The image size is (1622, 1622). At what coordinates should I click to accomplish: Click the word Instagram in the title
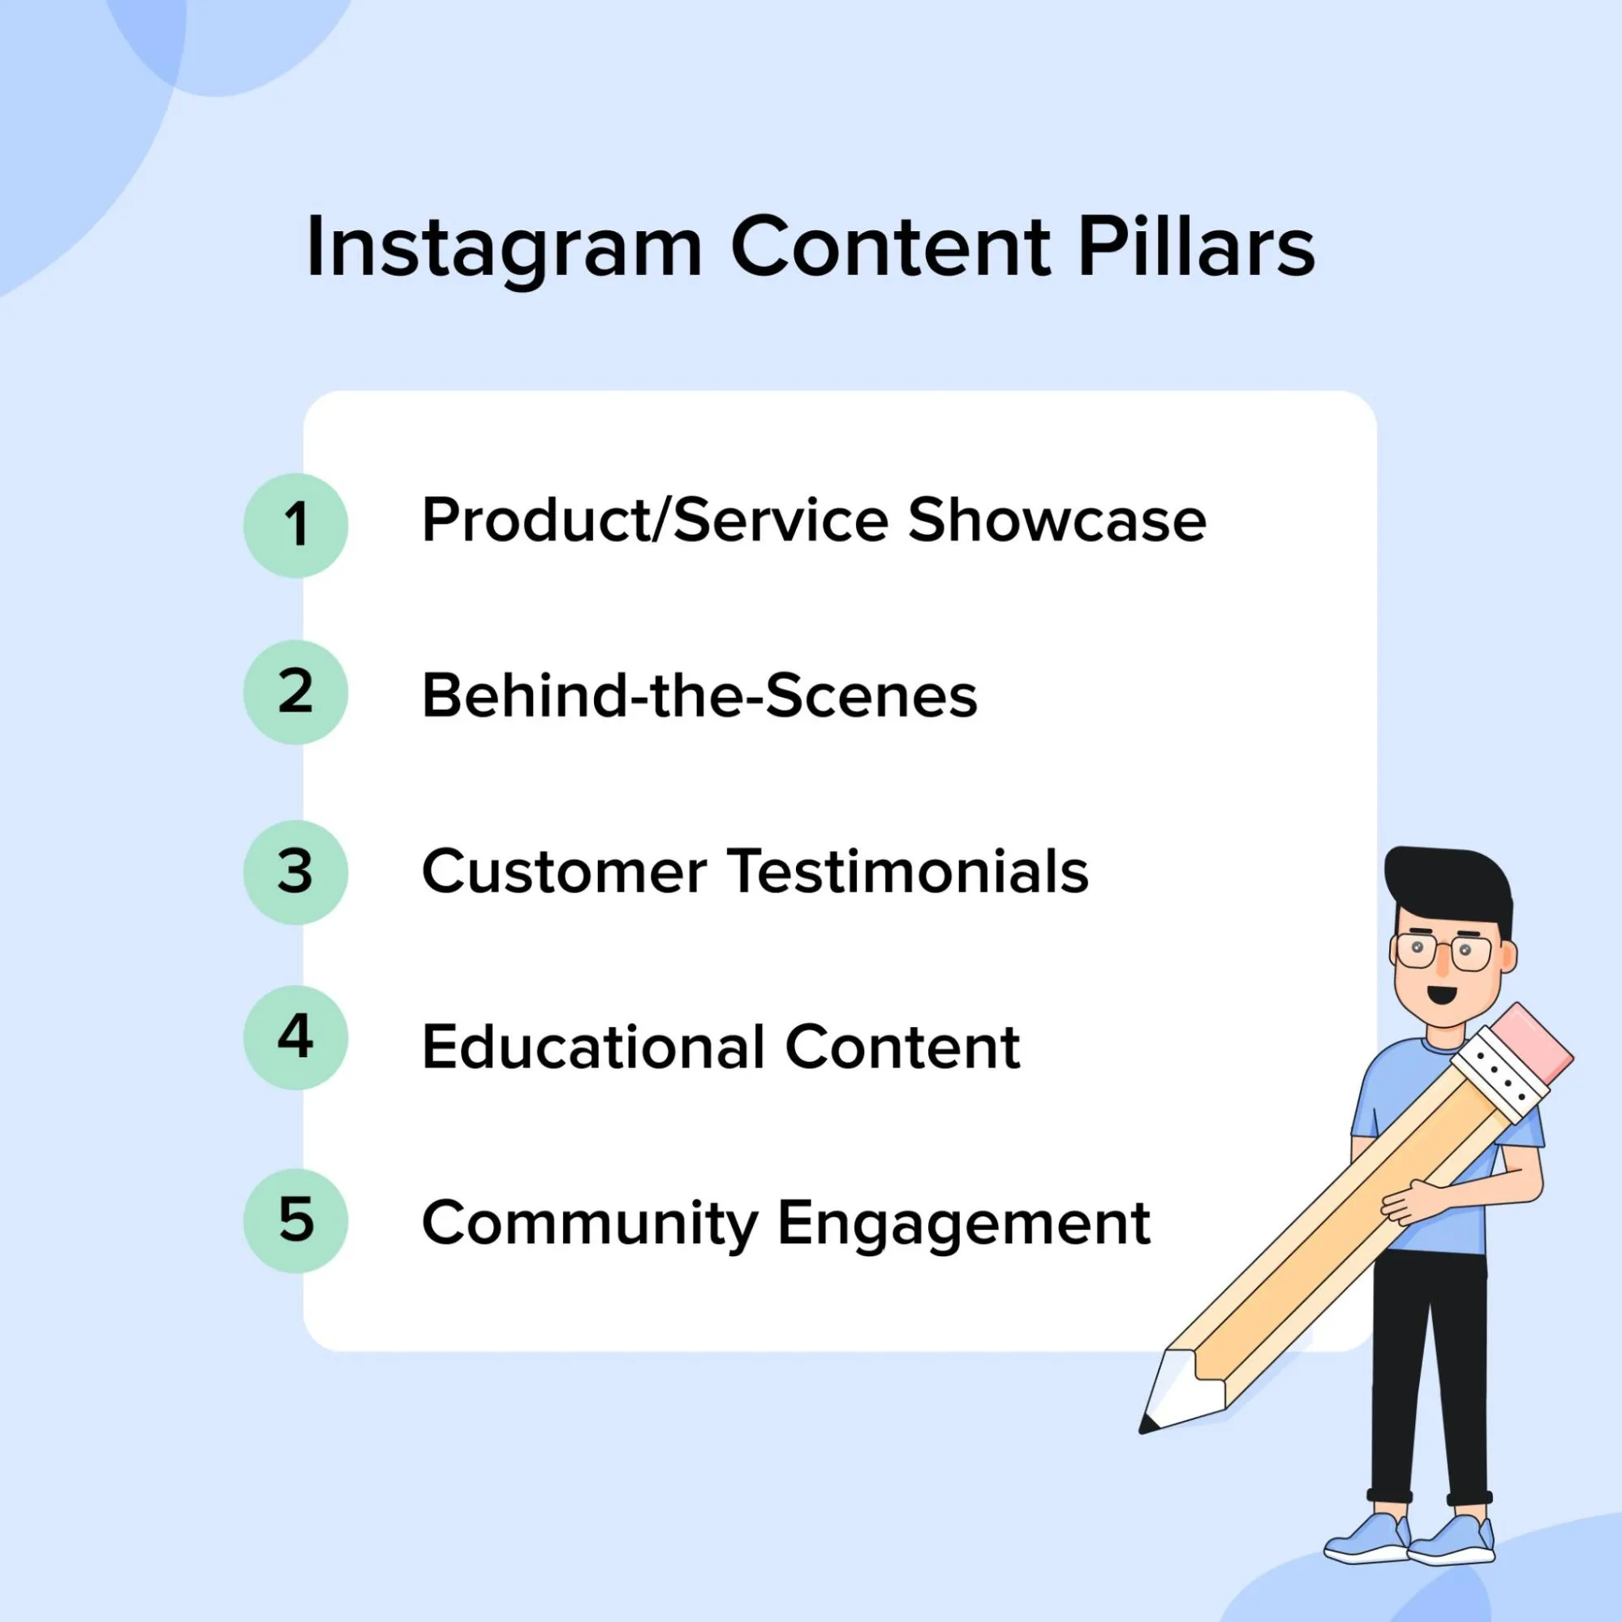click(504, 247)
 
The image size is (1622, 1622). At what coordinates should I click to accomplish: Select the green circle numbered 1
click(295, 526)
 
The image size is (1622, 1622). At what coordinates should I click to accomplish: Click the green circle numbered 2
click(295, 693)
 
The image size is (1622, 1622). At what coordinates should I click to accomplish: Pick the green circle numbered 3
click(295, 872)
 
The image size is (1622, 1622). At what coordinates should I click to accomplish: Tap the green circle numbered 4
click(295, 1038)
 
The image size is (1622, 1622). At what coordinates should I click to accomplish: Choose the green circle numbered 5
click(295, 1220)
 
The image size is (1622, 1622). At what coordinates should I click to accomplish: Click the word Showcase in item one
click(1057, 521)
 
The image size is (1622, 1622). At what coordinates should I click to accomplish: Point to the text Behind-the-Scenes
click(699, 696)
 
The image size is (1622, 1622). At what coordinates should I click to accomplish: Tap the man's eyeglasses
click(1443, 952)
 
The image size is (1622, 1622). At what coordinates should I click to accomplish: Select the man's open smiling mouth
click(1442, 995)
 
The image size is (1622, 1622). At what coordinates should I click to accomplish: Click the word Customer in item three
click(564, 871)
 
